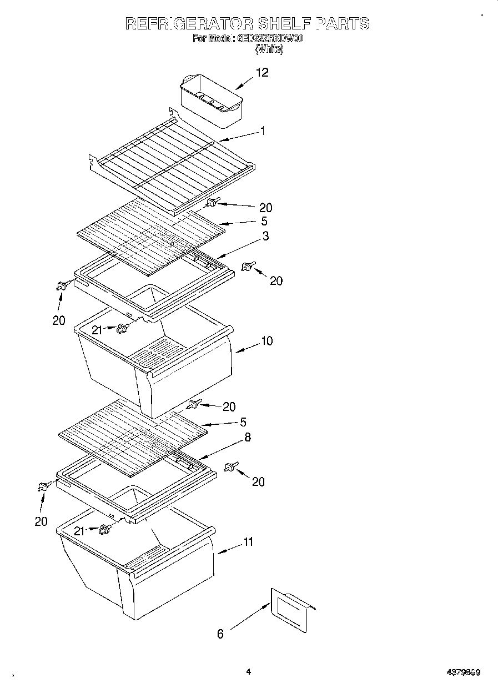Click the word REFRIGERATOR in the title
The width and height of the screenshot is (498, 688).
(x=188, y=23)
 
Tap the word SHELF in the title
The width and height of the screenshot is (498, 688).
(x=284, y=23)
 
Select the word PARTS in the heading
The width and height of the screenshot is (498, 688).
(x=342, y=23)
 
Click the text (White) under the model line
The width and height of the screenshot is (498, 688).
(x=269, y=49)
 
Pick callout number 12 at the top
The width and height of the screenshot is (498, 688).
(x=261, y=72)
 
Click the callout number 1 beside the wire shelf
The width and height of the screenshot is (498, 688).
(x=263, y=131)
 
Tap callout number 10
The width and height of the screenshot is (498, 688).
(x=267, y=341)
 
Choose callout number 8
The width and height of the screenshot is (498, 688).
(x=247, y=438)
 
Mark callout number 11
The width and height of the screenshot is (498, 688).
(x=248, y=541)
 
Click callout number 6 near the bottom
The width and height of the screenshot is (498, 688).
(x=220, y=634)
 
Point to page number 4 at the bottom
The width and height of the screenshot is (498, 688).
(x=248, y=672)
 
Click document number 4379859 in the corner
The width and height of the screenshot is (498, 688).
(x=462, y=672)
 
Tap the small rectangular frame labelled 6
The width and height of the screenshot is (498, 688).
(x=290, y=610)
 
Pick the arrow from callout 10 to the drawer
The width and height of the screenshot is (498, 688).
(x=248, y=347)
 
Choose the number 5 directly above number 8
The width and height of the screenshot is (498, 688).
(x=243, y=422)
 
